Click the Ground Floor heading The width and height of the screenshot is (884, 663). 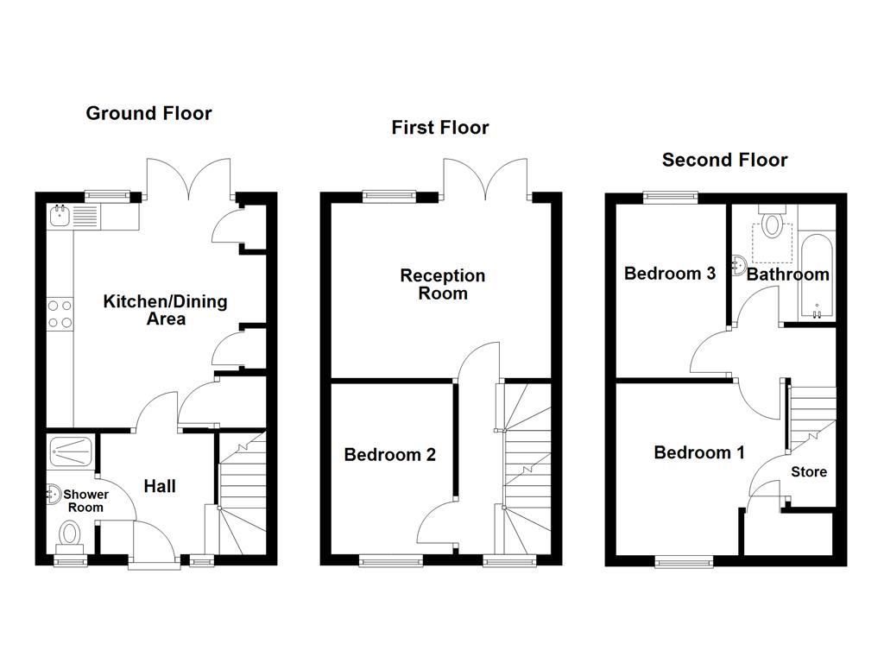click(x=148, y=113)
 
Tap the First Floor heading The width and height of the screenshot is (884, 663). click(x=439, y=128)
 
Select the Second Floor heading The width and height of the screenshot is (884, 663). click(x=724, y=160)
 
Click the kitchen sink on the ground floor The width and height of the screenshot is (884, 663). click(x=60, y=215)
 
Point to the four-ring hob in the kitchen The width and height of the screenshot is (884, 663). click(x=59, y=313)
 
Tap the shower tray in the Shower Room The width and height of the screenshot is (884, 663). click(x=73, y=448)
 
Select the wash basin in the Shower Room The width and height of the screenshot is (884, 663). click(x=53, y=495)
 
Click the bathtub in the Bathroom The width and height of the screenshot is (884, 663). click(x=816, y=276)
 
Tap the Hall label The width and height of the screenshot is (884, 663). click(x=160, y=487)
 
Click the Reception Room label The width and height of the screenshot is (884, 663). click(x=443, y=284)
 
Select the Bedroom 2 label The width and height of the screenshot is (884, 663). click(x=389, y=455)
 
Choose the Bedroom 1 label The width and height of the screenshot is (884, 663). click(x=698, y=452)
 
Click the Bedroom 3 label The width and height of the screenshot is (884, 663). click(x=670, y=274)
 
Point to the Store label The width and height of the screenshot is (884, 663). click(x=809, y=472)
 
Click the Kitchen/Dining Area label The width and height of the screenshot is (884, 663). click(x=165, y=310)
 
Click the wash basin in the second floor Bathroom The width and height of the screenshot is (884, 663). click(x=739, y=264)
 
